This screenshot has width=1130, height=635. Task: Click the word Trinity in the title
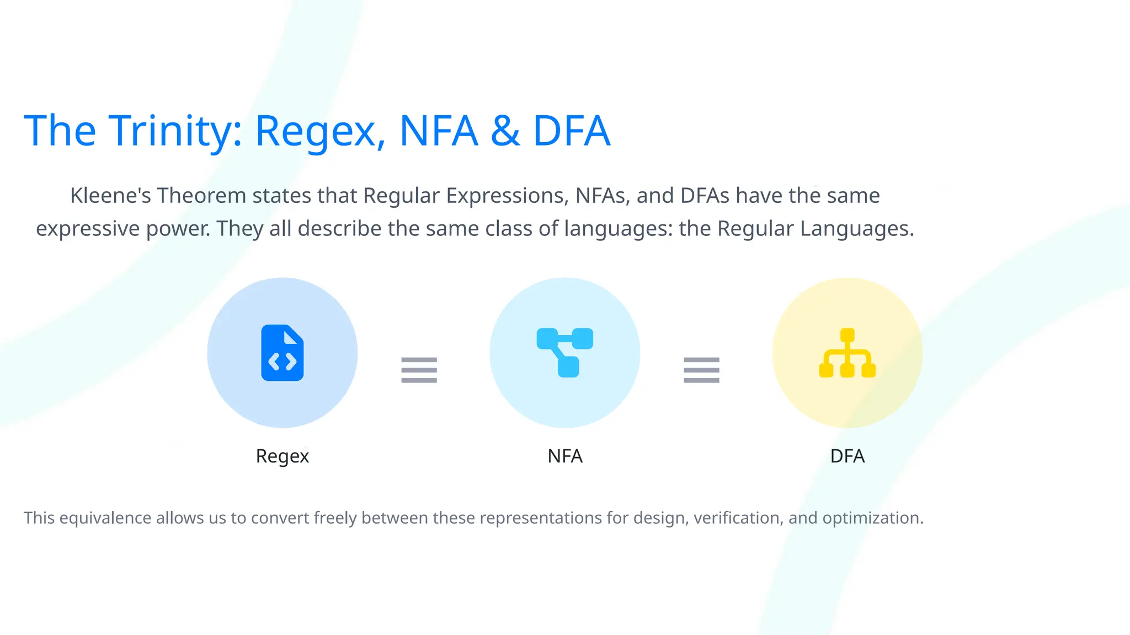tap(175, 131)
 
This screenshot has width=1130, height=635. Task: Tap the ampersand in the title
tap(505, 131)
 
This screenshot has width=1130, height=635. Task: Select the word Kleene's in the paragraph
tap(110, 196)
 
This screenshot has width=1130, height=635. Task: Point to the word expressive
tap(88, 229)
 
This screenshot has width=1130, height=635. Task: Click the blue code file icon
tap(282, 353)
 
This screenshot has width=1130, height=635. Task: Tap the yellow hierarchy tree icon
tap(847, 353)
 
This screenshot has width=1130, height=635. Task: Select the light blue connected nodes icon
tap(564, 352)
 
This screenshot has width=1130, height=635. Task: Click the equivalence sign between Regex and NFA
tap(419, 370)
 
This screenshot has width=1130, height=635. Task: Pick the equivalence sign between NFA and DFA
tap(701, 370)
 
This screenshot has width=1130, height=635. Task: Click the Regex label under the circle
tap(282, 456)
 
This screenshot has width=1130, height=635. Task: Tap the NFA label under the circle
tap(565, 456)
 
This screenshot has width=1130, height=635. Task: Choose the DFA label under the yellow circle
tap(847, 456)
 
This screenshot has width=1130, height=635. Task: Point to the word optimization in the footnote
tap(872, 518)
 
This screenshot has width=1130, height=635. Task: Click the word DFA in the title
tap(572, 131)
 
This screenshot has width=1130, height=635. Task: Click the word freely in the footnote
tap(335, 518)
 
